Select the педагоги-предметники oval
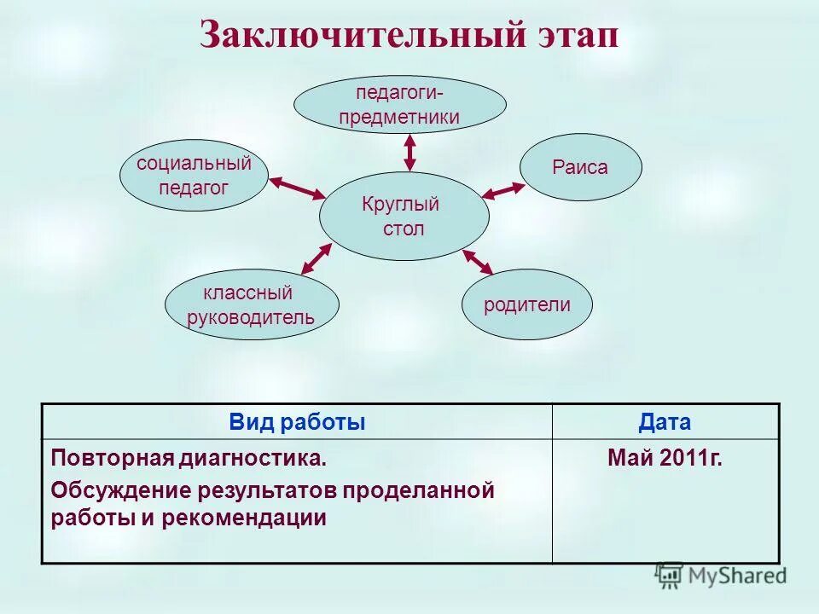point(399,104)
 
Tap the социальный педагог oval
point(194,175)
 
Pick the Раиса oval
point(580,167)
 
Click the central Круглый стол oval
point(404,217)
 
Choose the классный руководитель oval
point(251,304)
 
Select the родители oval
point(526,304)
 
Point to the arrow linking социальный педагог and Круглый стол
point(298,188)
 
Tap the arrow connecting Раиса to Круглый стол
point(503,191)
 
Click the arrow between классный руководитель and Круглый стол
point(317,258)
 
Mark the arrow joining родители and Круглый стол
point(478,262)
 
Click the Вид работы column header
point(297,422)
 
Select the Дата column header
point(665,422)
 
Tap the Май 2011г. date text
point(665,459)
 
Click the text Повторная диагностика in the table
point(188,459)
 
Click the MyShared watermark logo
point(721,576)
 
